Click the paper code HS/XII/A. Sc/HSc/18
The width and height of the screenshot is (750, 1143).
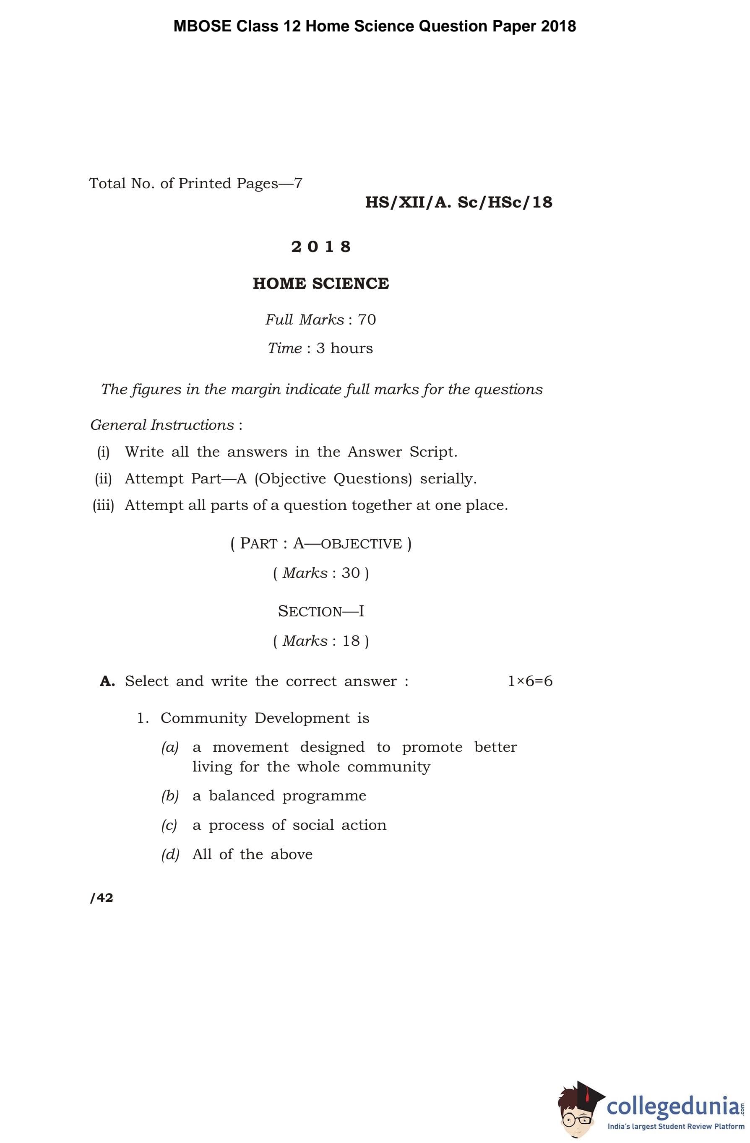pos(458,202)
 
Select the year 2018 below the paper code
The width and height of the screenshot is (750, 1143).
pos(321,247)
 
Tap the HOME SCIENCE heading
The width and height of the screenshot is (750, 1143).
pos(320,283)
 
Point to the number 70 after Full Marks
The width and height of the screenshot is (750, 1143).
pos(367,320)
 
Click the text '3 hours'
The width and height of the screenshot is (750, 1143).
pos(344,348)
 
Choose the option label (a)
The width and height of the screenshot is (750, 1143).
pos(169,747)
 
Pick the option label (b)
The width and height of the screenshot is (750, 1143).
pos(169,796)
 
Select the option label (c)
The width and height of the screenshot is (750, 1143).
pos(169,825)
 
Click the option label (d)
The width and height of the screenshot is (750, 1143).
pos(169,855)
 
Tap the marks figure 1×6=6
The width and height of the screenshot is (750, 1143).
pos(530,681)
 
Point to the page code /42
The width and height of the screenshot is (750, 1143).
pos(102,898)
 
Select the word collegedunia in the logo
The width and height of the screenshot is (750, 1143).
pos(673,1106)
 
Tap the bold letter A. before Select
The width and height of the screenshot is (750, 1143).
pos(107,681)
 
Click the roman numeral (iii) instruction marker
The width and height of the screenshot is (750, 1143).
pos(103,505)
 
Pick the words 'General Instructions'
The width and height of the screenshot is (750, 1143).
pos(162,425)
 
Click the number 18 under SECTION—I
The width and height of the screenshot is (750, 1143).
pos(351,641)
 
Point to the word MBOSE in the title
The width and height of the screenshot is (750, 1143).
pos(202,26)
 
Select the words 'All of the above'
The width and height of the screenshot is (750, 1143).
pos(252,855)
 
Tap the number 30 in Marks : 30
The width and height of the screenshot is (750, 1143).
pos(351,573)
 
